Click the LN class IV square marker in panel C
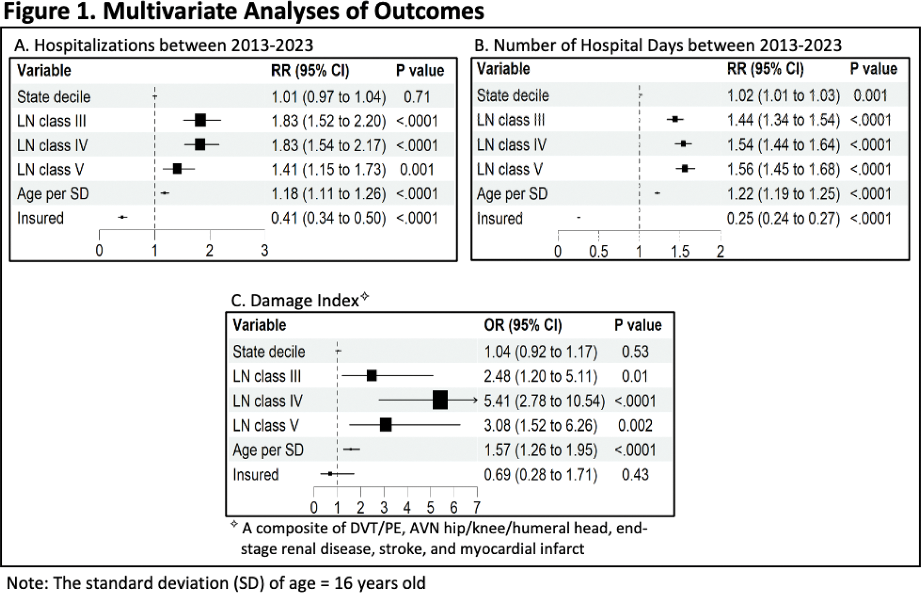[x=440, y=400]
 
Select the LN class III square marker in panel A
[x=200, y=120]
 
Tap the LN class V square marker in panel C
[x=385, y=425]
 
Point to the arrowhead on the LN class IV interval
[x=475, y=400]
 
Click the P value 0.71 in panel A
[x=417, y=97]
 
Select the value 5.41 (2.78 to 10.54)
[x=544, y=401]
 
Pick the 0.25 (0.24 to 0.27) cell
[x=783, y=218]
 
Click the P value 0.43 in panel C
[x=635, y=474]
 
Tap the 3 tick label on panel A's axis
[x=264, y=250]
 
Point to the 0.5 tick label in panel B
[x=598, y=252]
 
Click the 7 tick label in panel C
[x=477, y=507]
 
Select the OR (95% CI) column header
[x=523, y=325]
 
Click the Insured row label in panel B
[x=500, y=218]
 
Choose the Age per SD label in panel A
[x=53, y=194]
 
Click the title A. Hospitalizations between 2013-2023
[x=164, y=45]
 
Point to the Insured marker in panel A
[x=122, y=217]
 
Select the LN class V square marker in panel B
[x=685, y=168]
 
